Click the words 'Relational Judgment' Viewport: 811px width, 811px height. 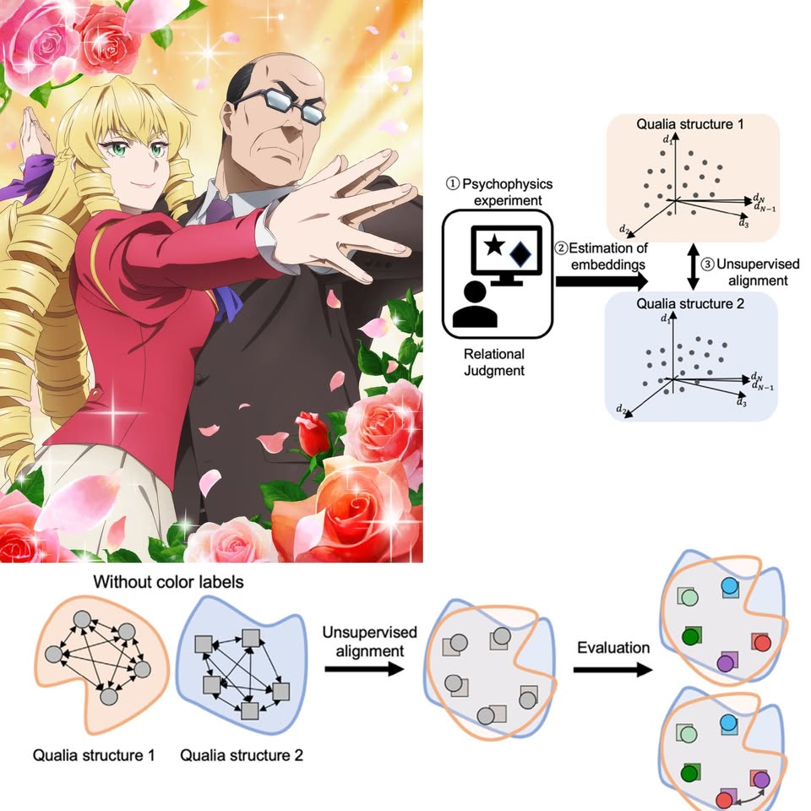click(494, 361)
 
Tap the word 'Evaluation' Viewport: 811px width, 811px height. click(613, 648)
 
